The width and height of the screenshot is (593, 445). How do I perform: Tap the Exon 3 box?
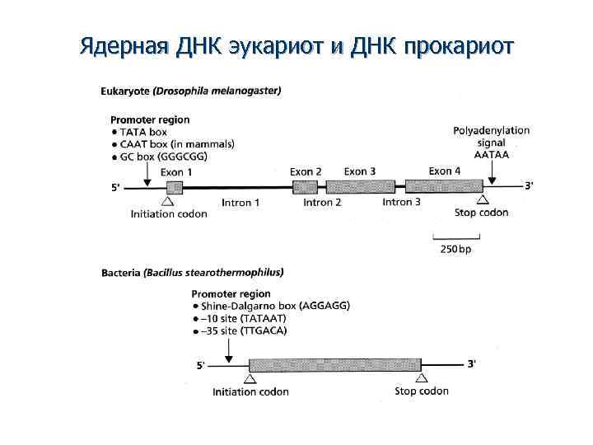360,186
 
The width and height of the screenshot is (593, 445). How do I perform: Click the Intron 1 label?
241,202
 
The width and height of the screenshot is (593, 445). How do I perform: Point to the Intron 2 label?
322,202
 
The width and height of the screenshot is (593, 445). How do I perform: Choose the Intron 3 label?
402,202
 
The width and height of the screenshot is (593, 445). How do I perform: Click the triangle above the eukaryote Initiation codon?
168,199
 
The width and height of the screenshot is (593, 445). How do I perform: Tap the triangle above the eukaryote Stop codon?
483,199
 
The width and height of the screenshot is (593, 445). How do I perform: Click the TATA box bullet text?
143,132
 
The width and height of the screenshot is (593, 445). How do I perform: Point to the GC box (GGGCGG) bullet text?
163,156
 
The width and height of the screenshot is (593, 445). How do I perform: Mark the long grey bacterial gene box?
334,363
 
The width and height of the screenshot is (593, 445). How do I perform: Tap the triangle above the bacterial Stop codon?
422,377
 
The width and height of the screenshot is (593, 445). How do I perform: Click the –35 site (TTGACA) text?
245,330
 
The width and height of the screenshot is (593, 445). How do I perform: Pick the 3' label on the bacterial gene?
471,363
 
